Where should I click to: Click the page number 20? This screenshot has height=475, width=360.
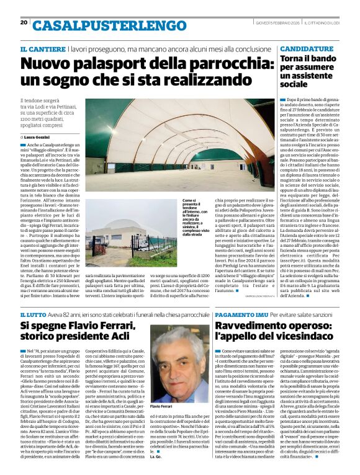click(24, 22)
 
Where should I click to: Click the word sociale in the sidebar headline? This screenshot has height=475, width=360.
click(297, 83)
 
